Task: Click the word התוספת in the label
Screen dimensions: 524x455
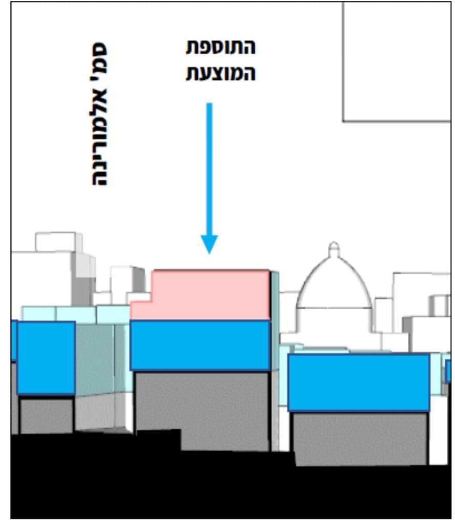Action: click(x=220, y=48)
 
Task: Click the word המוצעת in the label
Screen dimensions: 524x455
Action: click(x=220, y=73)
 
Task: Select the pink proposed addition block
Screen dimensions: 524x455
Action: click(x=210, y=294)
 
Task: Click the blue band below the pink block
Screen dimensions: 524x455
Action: click(x=200, y=345)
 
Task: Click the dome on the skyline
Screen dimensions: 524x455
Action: click(x=334, y=287)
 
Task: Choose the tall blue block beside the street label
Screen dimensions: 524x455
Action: click(x=46, y=358)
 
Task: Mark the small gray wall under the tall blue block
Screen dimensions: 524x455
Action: click(x=46, y=414)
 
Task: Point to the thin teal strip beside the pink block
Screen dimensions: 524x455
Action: click(x=275, y=320)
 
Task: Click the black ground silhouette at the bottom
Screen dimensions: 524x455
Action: click(x=154, y=486)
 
